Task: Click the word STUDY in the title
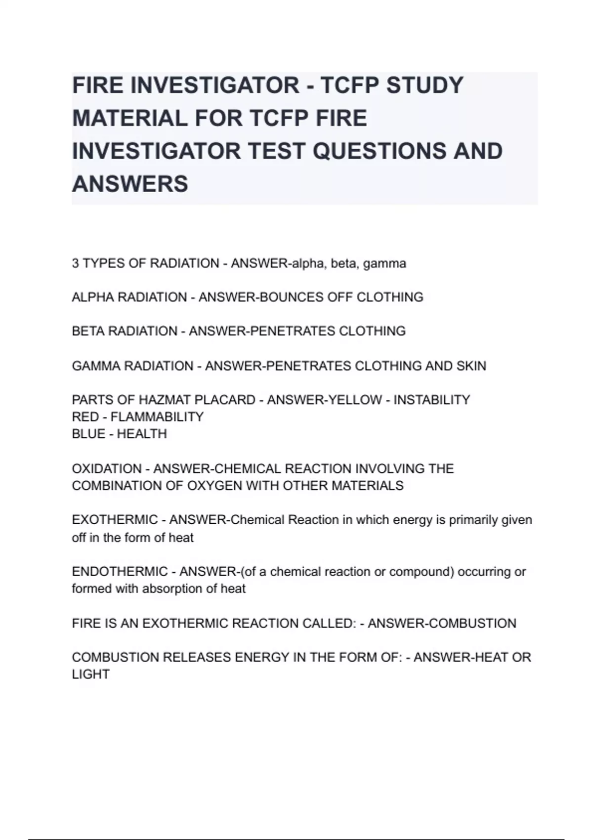(x=425, y=85)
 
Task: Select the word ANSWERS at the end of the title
(x=130, y=184)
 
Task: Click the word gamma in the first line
(x=384, y=263)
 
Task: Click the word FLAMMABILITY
(x=157, y=417)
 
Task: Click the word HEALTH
(x=142, y=434)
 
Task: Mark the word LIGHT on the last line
(x=90, y=674)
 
